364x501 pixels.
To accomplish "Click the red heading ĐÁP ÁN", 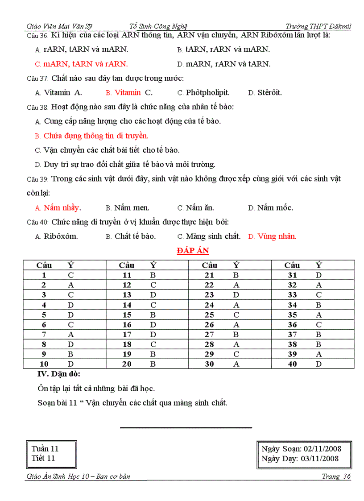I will tap(193, 251).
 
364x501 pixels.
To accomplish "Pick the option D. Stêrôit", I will tap(265, 93).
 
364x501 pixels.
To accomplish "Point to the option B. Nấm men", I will tap(128, 208).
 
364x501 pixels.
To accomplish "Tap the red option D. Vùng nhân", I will tap(272, 236).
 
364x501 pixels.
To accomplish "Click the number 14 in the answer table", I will tap(127, 305).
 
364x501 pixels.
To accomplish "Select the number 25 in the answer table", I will tap(209, 315).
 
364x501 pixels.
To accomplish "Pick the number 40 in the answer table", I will tap(292, 364).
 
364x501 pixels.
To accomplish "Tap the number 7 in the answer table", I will tap(44, 335).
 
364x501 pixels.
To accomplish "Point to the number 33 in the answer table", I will tap(292, 295).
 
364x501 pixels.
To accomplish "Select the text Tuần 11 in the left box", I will tap(45, 449).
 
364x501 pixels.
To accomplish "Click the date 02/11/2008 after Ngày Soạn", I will tap(321, 449).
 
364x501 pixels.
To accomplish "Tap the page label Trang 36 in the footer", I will tap(336, 476).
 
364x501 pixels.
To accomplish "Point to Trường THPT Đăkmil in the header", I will tap(318, 26).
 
